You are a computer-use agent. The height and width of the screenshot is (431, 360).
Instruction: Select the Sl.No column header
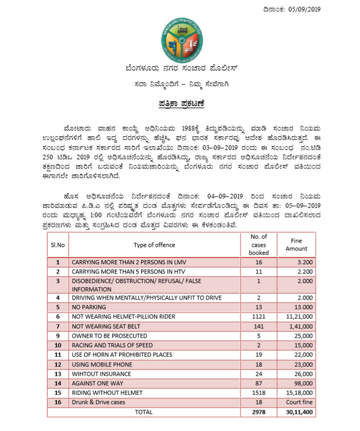click(x=57, y=245)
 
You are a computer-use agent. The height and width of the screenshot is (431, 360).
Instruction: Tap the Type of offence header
click(x=154, y=245)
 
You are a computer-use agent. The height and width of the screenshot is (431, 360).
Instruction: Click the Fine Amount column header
click(x=297, y=245)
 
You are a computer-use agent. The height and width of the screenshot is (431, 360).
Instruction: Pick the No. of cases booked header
click(x=258, y=245)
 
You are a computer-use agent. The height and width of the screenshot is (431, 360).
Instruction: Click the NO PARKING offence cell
click(x=89, y=307)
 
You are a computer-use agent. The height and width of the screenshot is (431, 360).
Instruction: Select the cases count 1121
click(x=258, y=317)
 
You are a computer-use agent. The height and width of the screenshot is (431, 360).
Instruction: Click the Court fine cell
click(x=300, y=402)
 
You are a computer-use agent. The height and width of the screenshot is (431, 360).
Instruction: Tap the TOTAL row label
click(x=143, y=412)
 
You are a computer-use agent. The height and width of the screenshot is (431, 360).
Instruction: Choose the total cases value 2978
click(x=258, y=412)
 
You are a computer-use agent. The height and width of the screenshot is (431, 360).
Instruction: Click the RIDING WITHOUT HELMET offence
click(x=107, y=393)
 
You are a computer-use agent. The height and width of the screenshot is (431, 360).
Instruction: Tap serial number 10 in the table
click(x=58, y=345)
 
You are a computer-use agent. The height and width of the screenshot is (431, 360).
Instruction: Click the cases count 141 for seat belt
click(x=258, y=326)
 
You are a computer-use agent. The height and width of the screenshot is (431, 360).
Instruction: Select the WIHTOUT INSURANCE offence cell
click(x=101, y=374)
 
